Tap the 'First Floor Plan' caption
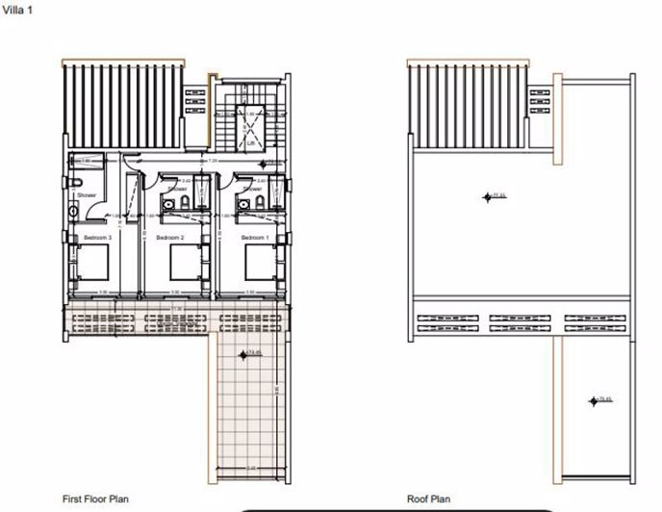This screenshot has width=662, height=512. [95, 499]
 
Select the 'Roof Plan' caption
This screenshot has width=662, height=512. [427, 499]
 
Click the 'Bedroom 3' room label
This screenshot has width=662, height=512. [97, 237]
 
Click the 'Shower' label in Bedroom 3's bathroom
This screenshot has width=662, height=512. [88, 195]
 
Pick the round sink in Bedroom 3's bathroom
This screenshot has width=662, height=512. [72, 211]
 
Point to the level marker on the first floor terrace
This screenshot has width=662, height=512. [254, 353]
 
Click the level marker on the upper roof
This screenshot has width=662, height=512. [496, 196]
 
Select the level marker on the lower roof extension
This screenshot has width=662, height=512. [604, 399]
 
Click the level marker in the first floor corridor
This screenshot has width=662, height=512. [269, 163]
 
